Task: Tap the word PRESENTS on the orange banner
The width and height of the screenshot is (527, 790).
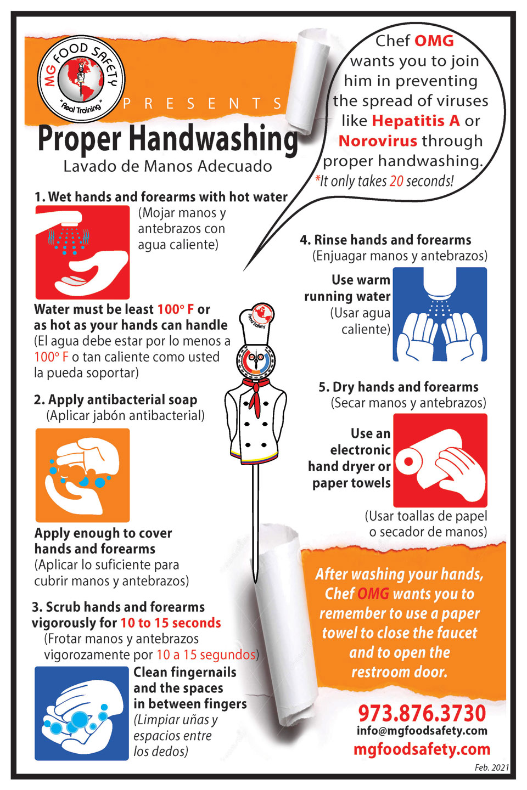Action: point(203,104)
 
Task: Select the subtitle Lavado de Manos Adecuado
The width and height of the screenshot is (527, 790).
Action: point(167,166)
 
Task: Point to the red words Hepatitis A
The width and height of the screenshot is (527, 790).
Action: point(416,121)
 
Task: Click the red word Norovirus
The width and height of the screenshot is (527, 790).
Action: point(378,141)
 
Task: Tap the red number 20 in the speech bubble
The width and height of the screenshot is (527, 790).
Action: point(396,181)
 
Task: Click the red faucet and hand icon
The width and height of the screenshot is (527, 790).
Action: point(82,252)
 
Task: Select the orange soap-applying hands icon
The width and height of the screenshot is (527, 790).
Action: point(82,475)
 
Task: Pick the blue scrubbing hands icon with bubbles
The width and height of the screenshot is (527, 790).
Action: point(82,713)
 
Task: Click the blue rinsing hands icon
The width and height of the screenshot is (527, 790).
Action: point(440,314)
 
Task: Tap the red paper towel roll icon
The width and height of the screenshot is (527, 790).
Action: point(440,460)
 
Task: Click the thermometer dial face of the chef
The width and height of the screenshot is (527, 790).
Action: point(256,361)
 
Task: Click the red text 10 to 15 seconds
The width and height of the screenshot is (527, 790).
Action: point(171,623)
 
